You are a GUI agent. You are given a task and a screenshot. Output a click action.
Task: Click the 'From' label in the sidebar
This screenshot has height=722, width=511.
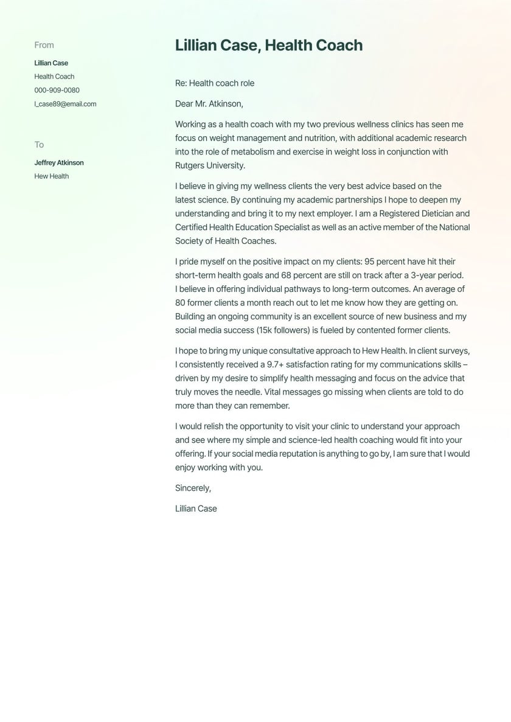pos(44,45)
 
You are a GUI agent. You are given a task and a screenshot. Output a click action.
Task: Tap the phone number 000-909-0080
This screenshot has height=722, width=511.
pos(57,90)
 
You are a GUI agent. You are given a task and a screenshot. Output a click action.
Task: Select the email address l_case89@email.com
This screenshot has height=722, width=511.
pos(65,104)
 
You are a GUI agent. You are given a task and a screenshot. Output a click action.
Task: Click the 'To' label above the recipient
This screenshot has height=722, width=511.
pos(39,145)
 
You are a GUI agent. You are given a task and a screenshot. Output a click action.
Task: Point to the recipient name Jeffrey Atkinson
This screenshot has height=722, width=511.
pos(59,163)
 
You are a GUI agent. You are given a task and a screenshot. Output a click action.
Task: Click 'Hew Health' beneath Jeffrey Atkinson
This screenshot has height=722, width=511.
pos(52,176)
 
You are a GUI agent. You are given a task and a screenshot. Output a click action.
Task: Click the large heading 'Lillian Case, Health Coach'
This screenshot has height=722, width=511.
pos(268,46)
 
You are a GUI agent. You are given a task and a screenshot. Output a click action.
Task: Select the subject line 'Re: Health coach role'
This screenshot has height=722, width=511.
pos(215,83)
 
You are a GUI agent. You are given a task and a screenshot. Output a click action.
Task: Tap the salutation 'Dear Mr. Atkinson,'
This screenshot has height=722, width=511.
pos(209,104)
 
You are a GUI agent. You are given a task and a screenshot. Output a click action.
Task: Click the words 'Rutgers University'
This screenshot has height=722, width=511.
pos(209,165)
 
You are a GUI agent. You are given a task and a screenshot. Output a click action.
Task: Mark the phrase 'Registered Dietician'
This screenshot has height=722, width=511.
pos(414,213)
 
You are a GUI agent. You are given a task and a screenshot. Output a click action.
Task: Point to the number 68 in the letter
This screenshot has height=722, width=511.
pos(286,276)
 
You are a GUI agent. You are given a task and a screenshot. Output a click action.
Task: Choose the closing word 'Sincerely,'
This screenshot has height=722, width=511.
pos(193,488)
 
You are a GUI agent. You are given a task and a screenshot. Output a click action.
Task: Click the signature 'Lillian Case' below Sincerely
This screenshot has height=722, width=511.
pos(196,509)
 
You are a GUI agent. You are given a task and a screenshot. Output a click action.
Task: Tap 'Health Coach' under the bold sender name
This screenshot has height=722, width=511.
pos(54,77)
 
